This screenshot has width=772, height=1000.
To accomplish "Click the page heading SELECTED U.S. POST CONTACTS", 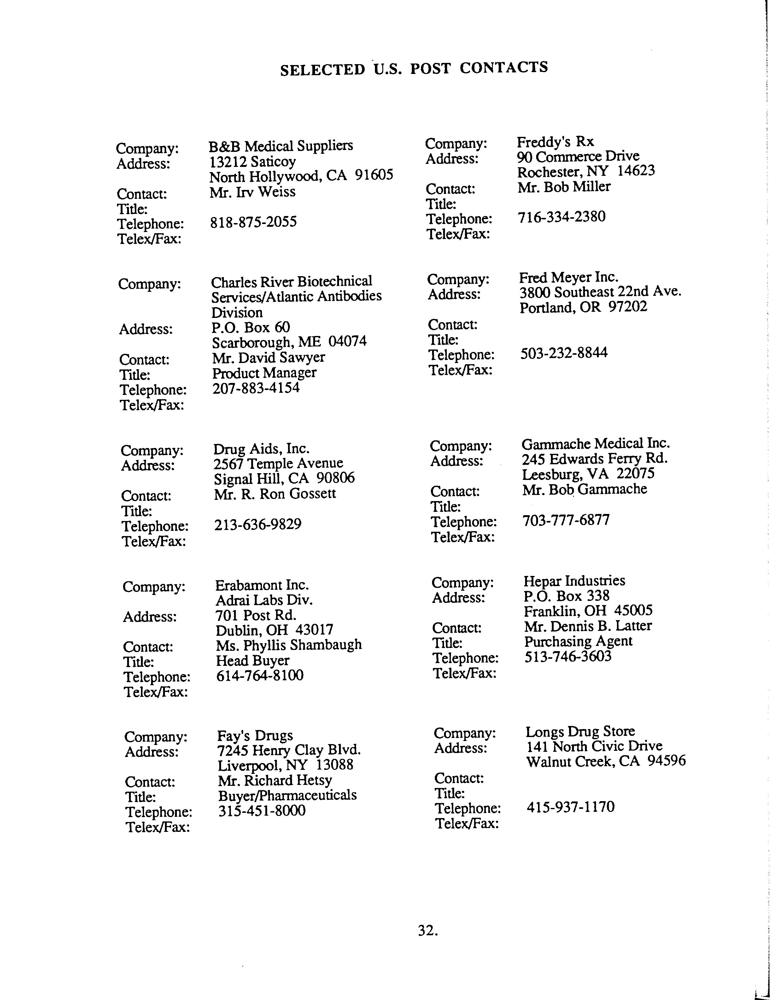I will coord(414,68).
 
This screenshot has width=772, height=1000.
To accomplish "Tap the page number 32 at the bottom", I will coord(427,930).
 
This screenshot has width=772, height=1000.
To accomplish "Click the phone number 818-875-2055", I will coord(253,222).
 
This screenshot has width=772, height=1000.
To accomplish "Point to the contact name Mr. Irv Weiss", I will coord(252,192).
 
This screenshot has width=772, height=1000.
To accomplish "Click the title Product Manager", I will coord(264,373).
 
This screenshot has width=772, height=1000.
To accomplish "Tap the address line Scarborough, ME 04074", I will coord(289,342).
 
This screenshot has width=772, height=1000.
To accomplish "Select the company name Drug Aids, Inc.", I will coord(261,448).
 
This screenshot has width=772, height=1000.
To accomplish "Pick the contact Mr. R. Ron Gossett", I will coord(275,494).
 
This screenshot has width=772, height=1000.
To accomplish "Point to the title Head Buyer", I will coord(252,660).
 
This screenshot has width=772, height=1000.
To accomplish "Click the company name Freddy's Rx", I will coord(555,141).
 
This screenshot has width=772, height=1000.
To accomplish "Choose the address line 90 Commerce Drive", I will coord(578,156).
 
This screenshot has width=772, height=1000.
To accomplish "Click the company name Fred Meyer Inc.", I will coord(569,277).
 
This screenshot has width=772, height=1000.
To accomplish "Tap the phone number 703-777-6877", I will coord(566,520).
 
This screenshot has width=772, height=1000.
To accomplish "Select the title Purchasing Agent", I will coord(578,641).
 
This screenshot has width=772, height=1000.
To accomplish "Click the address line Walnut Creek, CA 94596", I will coord(606,761).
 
